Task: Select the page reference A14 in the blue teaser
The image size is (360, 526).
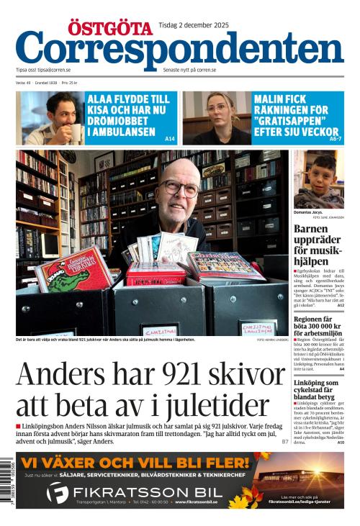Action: (169, 138)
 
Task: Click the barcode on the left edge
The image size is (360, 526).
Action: (9, 479)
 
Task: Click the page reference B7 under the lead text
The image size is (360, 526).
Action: (285, 440)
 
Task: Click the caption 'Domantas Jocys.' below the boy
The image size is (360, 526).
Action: (307, 213)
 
